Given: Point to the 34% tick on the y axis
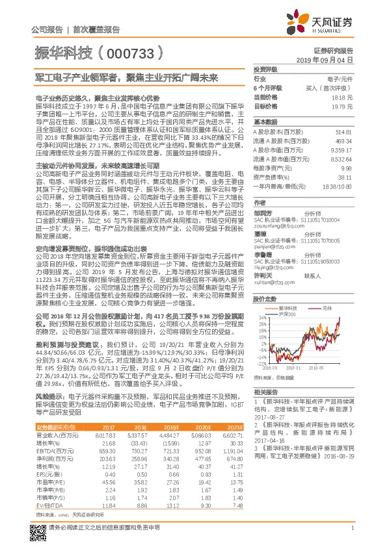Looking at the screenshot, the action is [x=262, y=317].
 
